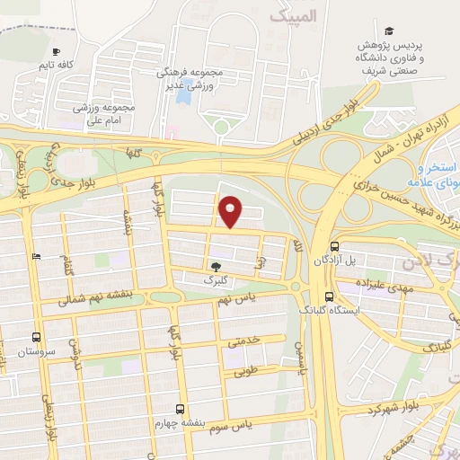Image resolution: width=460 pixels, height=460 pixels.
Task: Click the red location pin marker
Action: pos(232,211)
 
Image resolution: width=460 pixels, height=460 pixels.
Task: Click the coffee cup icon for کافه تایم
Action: pos(57,52)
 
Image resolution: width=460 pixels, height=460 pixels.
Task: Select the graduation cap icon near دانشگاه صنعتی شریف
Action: pos(389,31)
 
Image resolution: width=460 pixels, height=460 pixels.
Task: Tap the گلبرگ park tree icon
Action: pos(215,266)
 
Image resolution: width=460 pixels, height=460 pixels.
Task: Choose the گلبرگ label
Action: pos(214,280)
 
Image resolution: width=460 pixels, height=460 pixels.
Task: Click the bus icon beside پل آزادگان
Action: pos(334,245)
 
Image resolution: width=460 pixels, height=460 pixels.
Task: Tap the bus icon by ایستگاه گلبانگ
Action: pos(328,296)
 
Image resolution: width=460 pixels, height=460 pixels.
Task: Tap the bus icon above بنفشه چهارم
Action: pos(181,408)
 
